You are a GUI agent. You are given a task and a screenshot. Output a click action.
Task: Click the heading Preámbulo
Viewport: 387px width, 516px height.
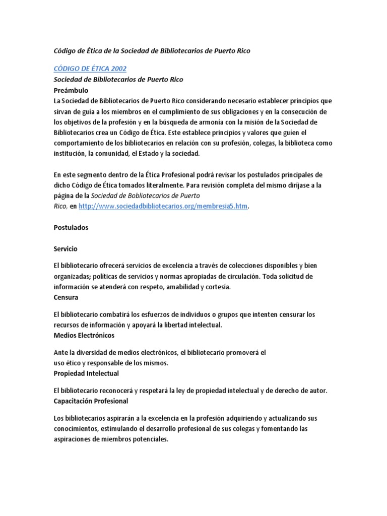pos(71,90)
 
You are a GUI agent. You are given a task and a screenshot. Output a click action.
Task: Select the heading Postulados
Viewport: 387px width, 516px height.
pos(71,227)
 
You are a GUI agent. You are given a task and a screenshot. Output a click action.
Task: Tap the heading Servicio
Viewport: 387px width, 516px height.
pos(66,249)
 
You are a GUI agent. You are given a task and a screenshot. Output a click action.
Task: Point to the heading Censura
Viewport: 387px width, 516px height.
pos(67,297)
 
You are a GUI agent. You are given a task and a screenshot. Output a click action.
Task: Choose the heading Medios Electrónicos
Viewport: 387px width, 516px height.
pos(84,335)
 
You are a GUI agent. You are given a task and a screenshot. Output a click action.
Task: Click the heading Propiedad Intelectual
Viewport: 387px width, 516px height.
pos(86,373)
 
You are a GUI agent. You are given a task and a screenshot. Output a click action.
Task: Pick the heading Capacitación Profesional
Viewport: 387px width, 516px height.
pos(91,401)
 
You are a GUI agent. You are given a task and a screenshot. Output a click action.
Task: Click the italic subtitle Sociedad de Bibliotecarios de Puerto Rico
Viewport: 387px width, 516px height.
pos(118,80)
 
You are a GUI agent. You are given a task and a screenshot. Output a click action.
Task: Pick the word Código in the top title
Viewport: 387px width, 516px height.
pos(66,51)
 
